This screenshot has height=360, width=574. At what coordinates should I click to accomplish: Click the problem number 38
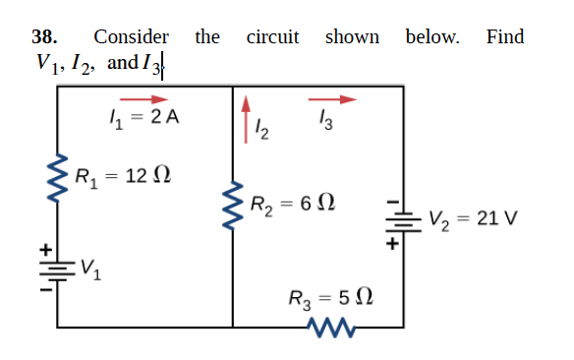pos(43,37)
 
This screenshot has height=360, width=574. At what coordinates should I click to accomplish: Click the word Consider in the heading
pos(131,37)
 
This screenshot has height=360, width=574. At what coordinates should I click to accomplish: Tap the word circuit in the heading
pos(272,37)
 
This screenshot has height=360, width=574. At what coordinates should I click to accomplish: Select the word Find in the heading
pos(505,37)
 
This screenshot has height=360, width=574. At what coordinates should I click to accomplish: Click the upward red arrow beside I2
pos(247,105)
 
